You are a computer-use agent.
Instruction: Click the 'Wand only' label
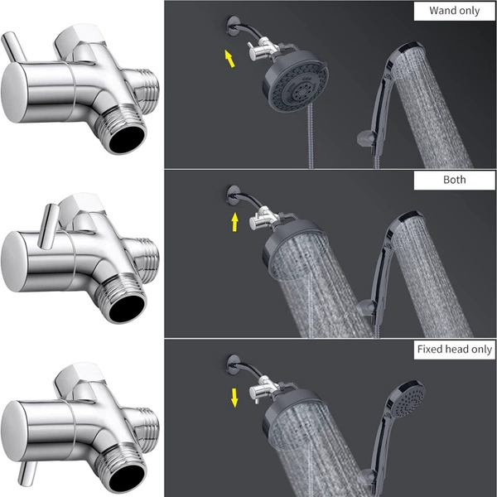tap(454, 11)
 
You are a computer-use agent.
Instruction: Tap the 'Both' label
tap(454, 180)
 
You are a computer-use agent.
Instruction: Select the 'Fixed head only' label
tap(454, 349)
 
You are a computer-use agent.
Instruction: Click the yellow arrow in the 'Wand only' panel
tap(229, 59)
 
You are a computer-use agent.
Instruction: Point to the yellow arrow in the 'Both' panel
tap(234, 222)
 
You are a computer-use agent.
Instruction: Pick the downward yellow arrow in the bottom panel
tap(234, 398)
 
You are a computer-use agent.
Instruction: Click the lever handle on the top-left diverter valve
tap(14, 47)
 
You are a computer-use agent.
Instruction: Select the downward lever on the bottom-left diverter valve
tap(27, 473)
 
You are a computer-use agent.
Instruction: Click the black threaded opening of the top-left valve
tap(127, 138)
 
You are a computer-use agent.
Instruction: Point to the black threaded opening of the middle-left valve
tap(127, 308)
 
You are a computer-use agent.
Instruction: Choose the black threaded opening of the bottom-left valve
tap(127, 477)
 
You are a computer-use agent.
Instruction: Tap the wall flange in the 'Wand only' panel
tap(234, 26)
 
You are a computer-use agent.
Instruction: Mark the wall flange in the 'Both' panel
tap(234, 195)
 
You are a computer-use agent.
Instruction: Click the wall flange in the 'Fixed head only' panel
tap(234, 364)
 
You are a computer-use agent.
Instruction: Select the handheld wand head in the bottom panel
tap(408, 398)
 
